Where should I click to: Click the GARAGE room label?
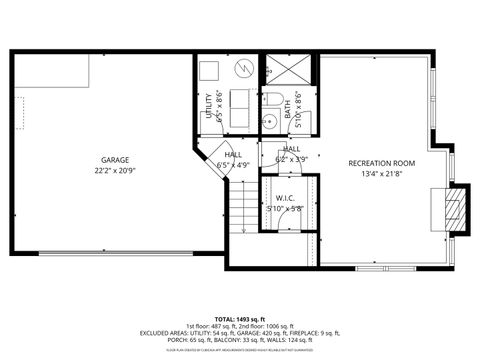(x=114, y=160)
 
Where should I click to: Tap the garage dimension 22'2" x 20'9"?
(x=114, y=170)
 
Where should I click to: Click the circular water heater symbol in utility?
(x=244, y=69)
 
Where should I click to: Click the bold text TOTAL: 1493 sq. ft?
(x=240, y=315)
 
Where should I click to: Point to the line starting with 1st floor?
(x=240, y=325)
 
